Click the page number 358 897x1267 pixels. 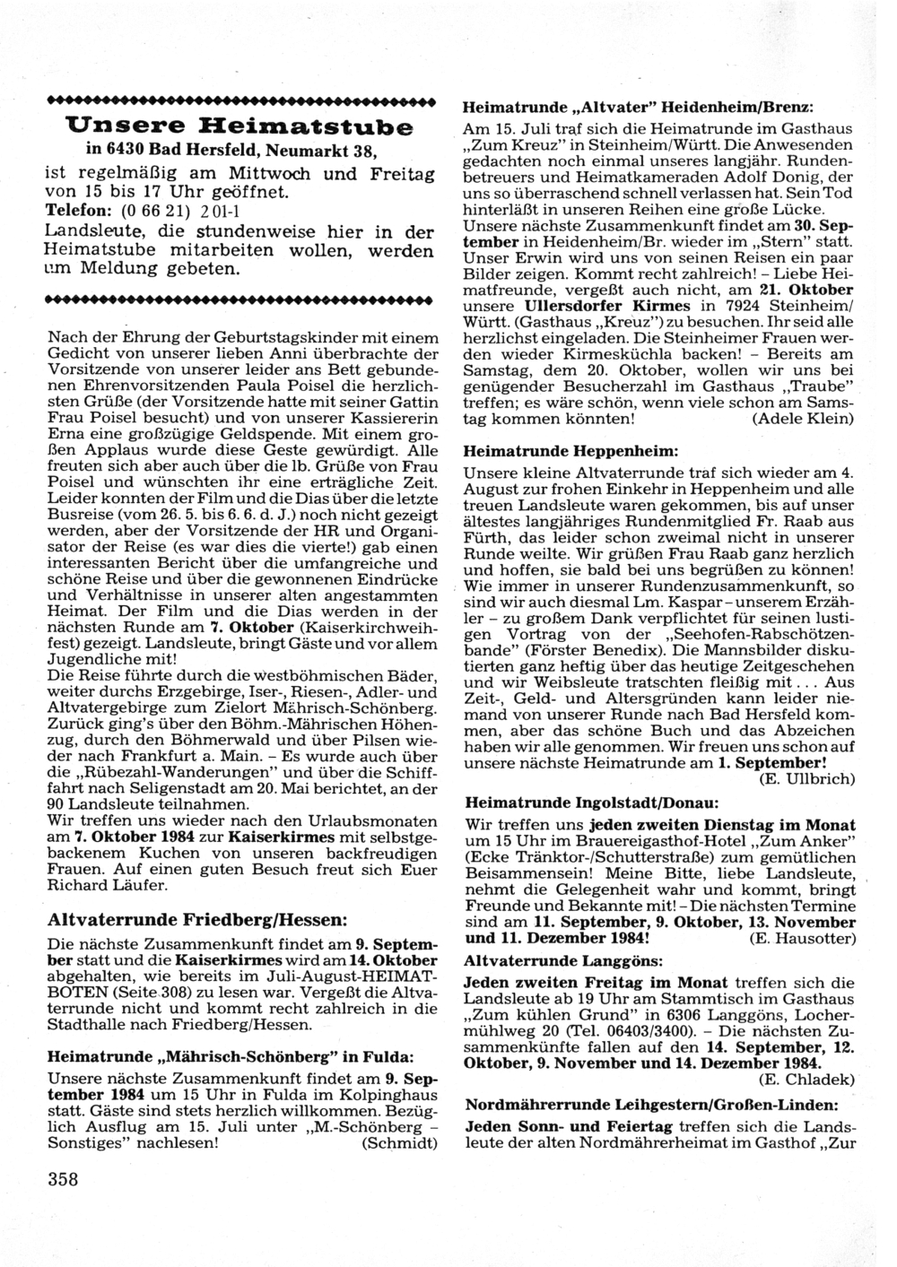tap(64, 1178)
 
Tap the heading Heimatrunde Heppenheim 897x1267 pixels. tap(570, 446)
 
